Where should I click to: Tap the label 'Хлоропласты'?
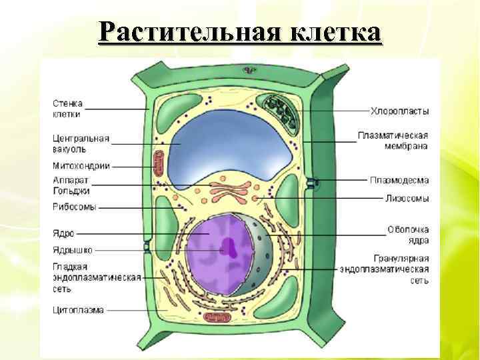point(400,111)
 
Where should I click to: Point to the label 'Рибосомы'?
point(75,207)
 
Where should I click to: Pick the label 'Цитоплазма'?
point(79,309)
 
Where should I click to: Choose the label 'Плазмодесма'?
point(399,180)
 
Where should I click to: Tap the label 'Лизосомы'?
point(407,198)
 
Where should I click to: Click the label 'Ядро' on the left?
point(64,234)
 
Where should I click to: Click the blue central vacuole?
point(227,147)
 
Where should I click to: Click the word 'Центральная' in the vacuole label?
point(81,139)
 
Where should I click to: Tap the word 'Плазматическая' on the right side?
point(393,135)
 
